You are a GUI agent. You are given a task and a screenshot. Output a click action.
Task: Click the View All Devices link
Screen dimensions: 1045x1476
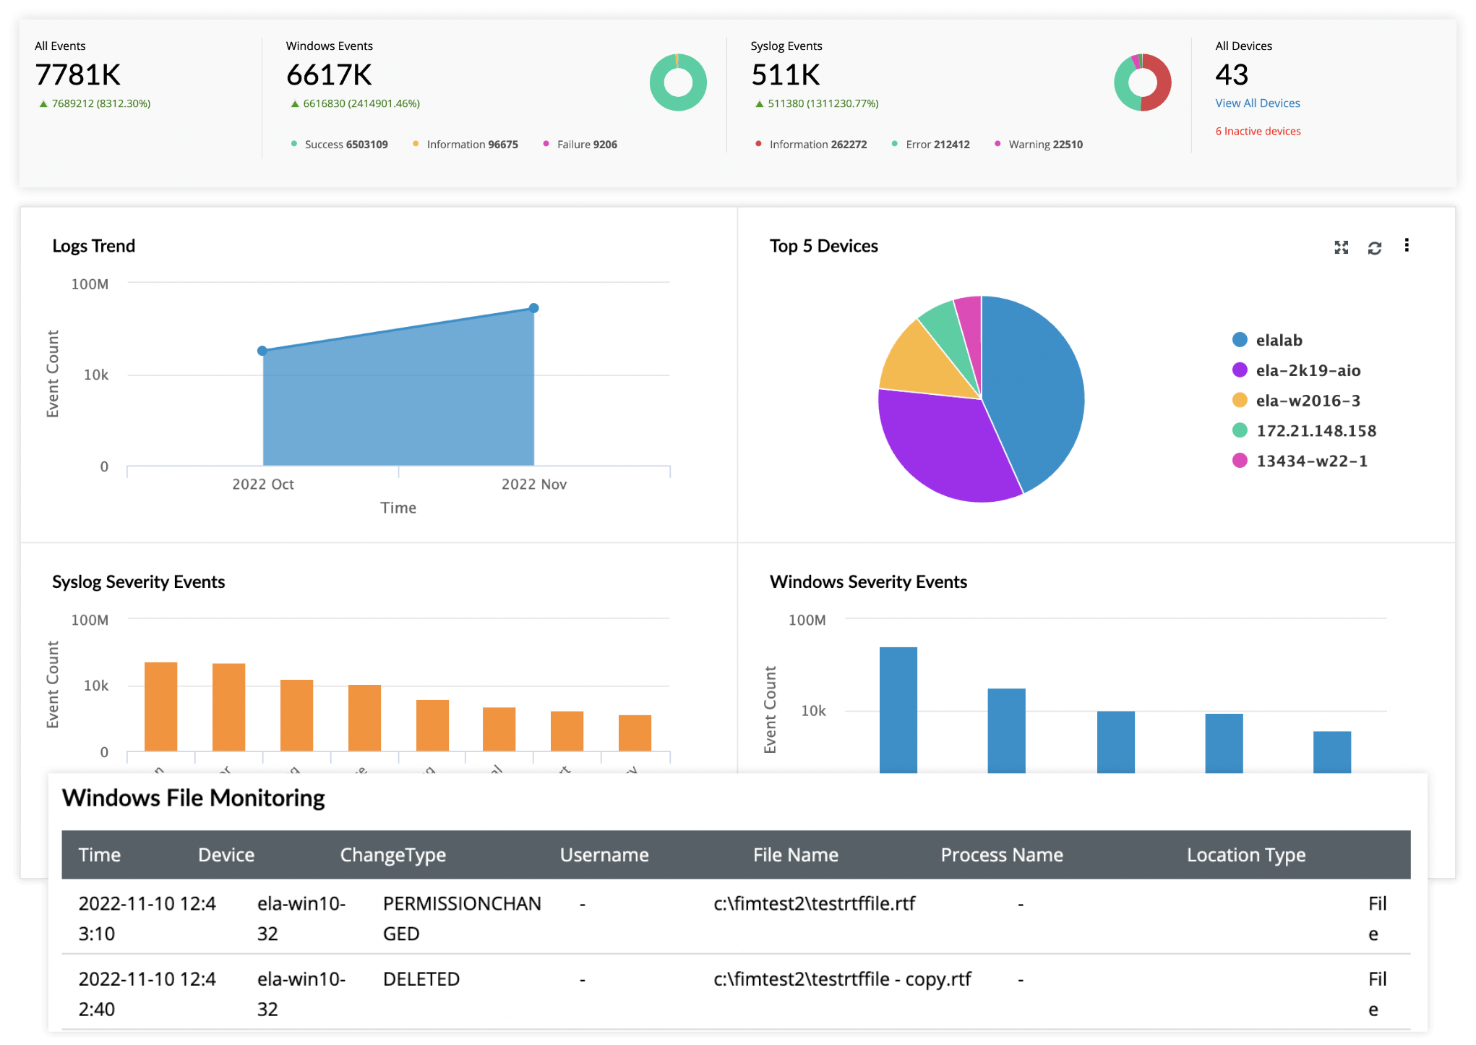[1257, 103]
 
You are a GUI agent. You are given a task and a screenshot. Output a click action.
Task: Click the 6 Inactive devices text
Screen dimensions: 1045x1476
[1258, 131]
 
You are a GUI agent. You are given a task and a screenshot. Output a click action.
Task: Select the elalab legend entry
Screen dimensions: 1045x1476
[1278, 340]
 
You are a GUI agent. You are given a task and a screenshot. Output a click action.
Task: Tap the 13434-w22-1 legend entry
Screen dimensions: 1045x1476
[1310, 461]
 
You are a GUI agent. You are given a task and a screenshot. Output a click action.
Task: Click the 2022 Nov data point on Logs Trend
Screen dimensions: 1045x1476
[533, 308]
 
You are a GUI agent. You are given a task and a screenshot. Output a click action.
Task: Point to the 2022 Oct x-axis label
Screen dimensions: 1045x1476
[262, 484]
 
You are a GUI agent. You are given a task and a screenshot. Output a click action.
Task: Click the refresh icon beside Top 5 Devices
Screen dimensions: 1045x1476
[1374, 248]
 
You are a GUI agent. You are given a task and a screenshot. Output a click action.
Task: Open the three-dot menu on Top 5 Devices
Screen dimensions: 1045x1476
[1406, 246]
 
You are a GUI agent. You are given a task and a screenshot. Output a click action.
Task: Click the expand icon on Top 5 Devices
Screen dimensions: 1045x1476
[1341, 248]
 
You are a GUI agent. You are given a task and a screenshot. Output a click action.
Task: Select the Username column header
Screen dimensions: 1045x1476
[604, 855]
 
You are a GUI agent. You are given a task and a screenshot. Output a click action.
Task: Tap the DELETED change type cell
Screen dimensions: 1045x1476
[421, 979]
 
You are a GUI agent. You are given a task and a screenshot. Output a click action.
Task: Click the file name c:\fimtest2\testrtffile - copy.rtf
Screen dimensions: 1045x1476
[842, 979]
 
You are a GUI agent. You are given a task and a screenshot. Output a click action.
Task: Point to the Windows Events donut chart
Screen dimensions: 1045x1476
[678, 82]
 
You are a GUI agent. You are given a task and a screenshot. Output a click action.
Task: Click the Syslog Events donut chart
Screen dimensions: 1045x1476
[1142, 82]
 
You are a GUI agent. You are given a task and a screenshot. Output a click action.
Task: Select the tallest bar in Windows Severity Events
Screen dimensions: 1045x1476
[898, 709]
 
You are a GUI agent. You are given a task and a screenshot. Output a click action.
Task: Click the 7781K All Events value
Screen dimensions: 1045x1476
[78, 75]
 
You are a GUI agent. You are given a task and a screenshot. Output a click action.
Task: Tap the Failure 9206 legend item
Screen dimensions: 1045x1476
[586, 145]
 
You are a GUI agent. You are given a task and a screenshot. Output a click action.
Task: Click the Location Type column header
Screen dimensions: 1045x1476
[1245, 855]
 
